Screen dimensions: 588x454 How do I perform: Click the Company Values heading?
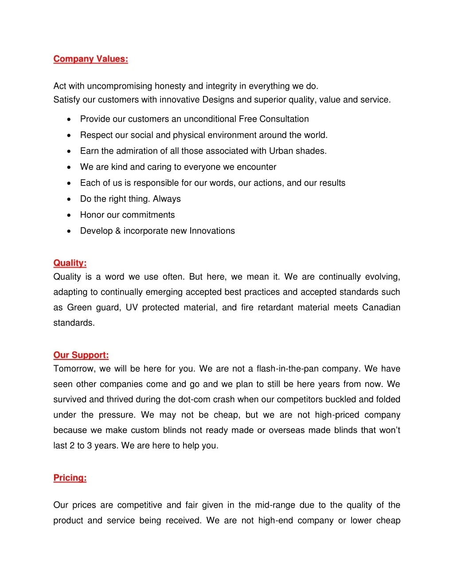click(x=90, y=59)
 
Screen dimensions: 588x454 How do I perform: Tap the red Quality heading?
click(x=70, y=263)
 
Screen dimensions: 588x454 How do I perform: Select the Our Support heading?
click(x=81, y=355)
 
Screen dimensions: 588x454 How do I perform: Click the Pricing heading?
click(x=70, y=478)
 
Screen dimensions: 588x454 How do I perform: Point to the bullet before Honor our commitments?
click(x=69, y=215)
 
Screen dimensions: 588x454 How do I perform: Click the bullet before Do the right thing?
click(x=69, y=199)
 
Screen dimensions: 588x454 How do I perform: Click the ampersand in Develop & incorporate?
click(x=118, y=231)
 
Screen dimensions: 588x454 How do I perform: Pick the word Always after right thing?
click(x=167, y=199)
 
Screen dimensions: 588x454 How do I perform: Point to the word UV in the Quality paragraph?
click(x=132, y=308)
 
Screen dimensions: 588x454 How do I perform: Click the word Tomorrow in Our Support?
click(x=74, y=369)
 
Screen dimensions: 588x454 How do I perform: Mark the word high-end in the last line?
click(x=275, y=521)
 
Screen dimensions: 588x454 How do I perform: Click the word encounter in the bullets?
click(x=256, y=167)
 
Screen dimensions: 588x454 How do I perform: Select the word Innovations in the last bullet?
click(x=212, y=231)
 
